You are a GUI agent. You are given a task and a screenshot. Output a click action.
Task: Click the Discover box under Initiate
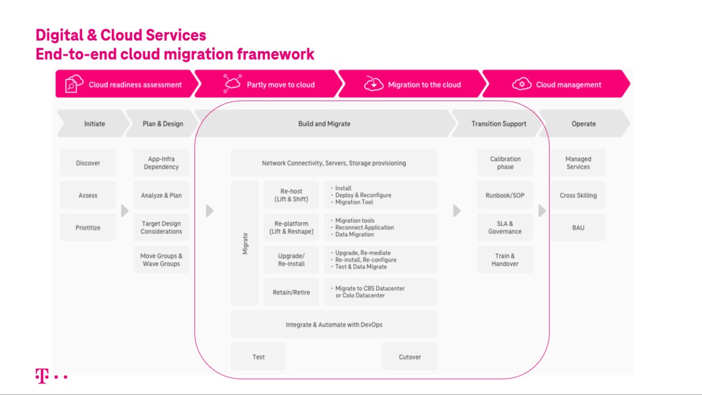[x=88, y=163]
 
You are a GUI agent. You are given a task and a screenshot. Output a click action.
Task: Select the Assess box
[x=88, y=195]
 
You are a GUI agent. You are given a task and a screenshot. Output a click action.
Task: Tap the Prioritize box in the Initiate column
[x=88, y=228]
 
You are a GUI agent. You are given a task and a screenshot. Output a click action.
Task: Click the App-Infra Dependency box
[x=161, y=163]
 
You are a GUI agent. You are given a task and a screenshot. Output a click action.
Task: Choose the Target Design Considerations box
[x=161, y=228]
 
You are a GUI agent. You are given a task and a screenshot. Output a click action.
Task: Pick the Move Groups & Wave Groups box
[x=161, y=260]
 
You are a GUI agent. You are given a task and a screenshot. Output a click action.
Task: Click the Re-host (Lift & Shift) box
[x=291, y=195]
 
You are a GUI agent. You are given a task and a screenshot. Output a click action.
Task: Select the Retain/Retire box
[x=291, y=292]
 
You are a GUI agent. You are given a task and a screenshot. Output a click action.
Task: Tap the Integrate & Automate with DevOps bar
[x=334, y=325]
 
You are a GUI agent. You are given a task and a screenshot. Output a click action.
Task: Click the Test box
[x=258, y=357]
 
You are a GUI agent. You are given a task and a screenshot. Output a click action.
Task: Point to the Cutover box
[x=410, y=357]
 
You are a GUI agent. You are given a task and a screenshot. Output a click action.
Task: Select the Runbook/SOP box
[x=505, y=195]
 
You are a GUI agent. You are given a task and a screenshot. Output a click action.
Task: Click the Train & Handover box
[x=505, y=260]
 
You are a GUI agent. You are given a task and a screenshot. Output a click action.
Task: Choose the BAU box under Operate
[x=578, y=228]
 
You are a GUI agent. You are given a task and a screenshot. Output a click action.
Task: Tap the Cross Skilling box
[x=578, y=195]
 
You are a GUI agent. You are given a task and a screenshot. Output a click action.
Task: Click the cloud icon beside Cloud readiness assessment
[x=74, y=84]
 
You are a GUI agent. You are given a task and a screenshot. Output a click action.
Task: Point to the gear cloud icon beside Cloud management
[x=522, y=84]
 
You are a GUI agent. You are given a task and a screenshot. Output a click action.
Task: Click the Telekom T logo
[x=42, y=376]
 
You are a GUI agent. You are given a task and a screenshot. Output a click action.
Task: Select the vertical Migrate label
[x=245, y=243]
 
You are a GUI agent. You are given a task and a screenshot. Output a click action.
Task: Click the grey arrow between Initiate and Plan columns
[x=124, y=211]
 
